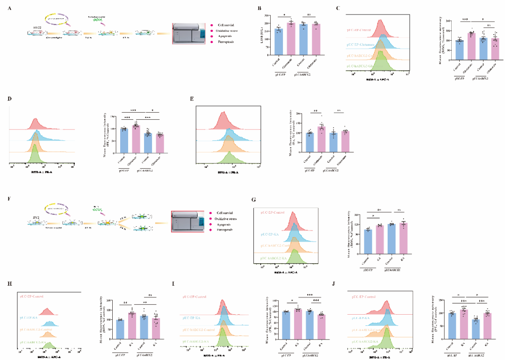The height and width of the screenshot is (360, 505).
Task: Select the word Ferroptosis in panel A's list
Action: pos(226,42)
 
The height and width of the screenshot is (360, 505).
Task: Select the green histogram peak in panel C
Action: pos(381,60)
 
